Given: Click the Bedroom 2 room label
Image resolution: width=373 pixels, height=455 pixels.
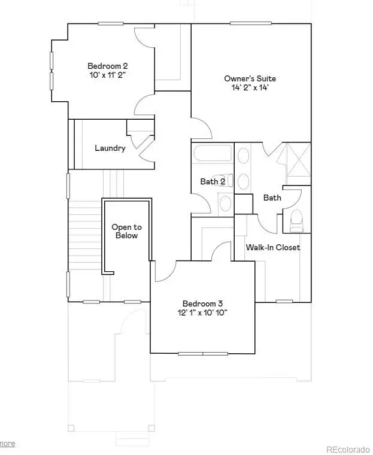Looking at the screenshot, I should (108, 66).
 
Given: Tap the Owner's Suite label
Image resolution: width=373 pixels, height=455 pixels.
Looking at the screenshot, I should (250, 78).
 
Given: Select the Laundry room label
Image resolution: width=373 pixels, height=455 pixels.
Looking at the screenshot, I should (110, 148).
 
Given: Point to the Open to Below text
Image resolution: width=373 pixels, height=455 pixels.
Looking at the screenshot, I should (126, 231).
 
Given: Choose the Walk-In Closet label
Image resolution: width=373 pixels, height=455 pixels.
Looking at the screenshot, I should (273, 247).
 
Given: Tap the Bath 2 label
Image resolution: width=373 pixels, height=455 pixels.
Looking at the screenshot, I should (213, 181).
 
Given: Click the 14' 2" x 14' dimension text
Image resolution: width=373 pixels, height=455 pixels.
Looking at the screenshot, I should (250, 88).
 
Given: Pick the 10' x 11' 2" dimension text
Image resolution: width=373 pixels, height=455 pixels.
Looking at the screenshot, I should (108, 75).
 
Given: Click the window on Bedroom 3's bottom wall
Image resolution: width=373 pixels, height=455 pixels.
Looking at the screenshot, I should (203, 353).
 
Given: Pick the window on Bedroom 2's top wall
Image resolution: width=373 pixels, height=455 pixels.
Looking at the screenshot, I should (111, 23).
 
